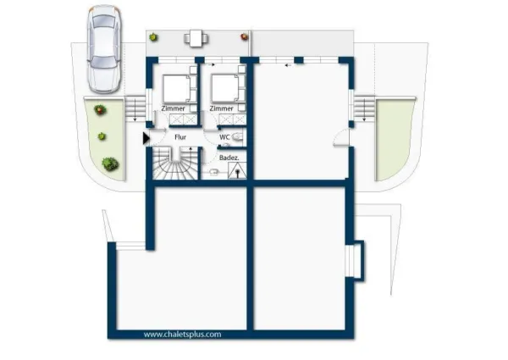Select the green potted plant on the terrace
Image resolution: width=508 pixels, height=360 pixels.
click(x=153, y=37)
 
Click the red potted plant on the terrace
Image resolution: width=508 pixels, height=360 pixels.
click(x=245, y=36)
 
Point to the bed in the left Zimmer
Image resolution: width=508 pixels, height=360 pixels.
click(x=176, y=89)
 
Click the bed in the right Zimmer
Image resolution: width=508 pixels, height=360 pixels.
click(x=224, y=88)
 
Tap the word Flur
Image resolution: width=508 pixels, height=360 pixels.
click(x=180, y=137)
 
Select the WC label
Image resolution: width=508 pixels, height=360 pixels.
click(x=224, y=137)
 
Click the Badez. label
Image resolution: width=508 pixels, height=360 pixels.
click(x=229, y=158)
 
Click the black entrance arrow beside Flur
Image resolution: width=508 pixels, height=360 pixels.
click(x=146, y=138)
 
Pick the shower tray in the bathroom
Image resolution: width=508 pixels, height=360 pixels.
click(x=237, y=171)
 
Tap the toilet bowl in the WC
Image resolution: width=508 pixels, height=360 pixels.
click(x=237, y=137)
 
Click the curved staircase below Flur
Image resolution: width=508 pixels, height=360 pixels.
click(x=175, y=163)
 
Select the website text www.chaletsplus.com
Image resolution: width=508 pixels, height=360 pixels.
click(x=182, y=334)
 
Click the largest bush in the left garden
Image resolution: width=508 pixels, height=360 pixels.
click(x=110, y=164)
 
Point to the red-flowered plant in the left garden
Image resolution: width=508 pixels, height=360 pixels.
click(x=101, y=109)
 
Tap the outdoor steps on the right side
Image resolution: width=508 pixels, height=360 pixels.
click(x=364, y=109)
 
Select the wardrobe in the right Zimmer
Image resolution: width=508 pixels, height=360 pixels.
click(x=232, y=119)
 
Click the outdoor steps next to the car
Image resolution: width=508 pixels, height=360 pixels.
click(x=135, y=109)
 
